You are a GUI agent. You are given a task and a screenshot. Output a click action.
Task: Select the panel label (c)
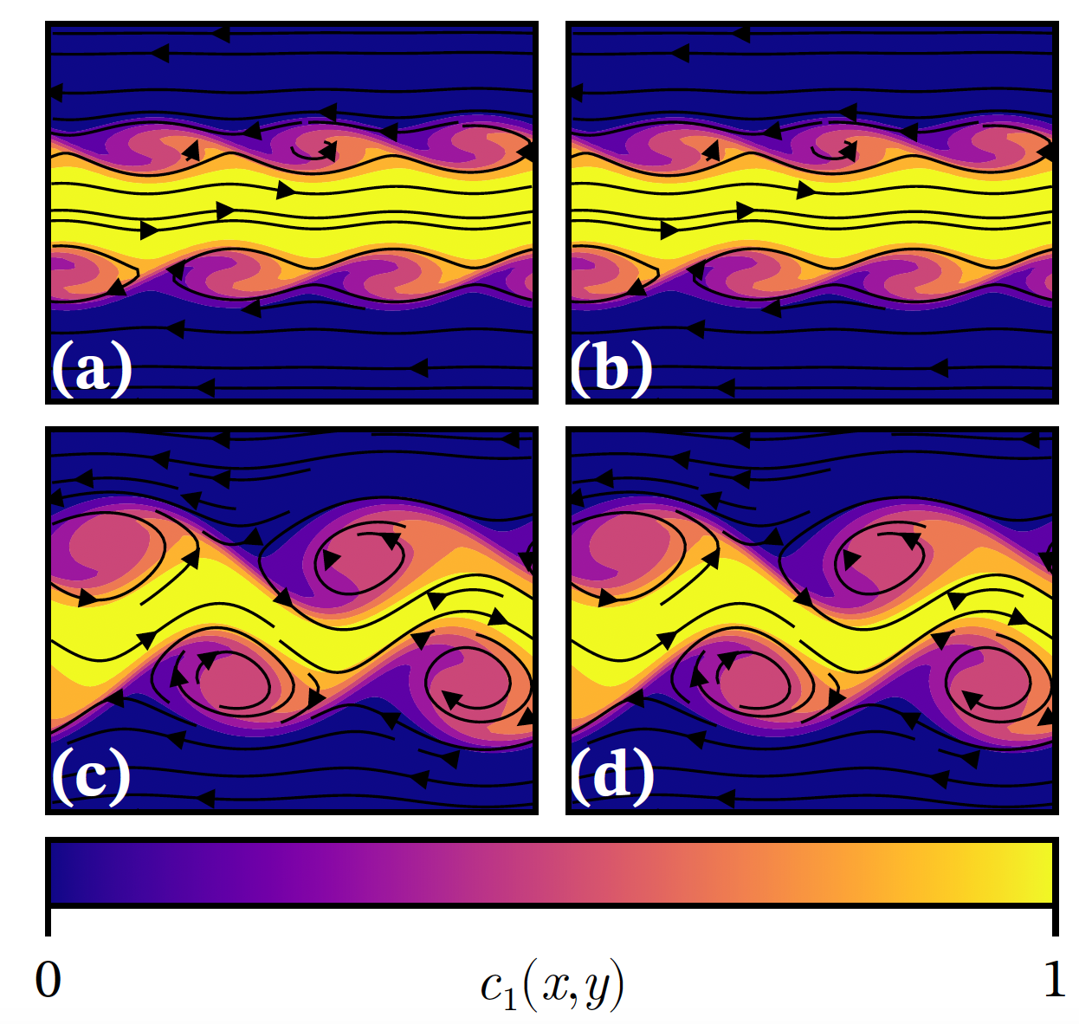pos(91,774)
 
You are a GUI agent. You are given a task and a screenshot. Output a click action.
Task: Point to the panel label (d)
pos(612,774)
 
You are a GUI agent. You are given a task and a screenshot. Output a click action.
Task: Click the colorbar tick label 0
pos(48,980)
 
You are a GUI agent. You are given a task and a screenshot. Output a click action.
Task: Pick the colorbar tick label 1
pos(1054,980)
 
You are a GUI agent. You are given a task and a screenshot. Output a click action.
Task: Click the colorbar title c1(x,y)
pos(552,986)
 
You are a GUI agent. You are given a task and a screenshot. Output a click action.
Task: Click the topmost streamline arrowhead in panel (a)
pos(221,34)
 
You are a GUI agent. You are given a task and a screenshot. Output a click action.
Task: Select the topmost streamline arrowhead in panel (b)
pos(740,34)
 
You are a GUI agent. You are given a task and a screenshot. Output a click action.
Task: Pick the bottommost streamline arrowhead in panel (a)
pos(204,387)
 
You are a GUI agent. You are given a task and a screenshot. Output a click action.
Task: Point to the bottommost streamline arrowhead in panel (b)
pos(726,387)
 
